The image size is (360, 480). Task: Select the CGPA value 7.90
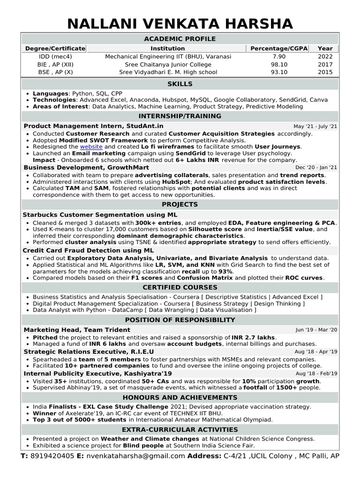pos(278,56)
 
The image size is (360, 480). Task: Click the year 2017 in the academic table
pos(325,64)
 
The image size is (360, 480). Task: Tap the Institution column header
pos(167,48)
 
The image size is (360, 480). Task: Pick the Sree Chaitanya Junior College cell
pos(168,64)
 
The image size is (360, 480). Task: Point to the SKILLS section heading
pos(180,84)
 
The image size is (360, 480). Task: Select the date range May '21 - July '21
pos(315,127)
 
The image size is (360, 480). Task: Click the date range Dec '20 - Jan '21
pos(316,167)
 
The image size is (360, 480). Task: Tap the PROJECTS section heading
pos(180,204)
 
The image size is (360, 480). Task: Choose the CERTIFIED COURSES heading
pos(180,287)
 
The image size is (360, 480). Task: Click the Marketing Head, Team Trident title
pos(77,330)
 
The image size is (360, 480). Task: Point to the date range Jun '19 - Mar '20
pos(316,330)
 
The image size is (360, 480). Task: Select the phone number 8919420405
pos(52,456)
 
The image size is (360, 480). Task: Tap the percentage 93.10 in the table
pos(278,72)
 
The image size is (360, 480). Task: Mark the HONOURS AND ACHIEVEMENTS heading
pos(180,397)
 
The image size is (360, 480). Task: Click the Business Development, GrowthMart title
pos(86,167)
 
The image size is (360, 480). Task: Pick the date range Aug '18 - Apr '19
pos(316,352)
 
